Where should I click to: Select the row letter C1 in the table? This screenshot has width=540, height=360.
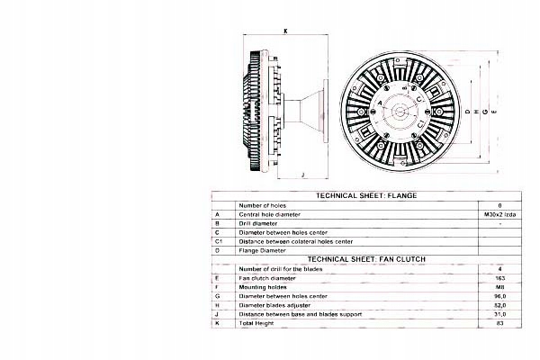click(219, 241)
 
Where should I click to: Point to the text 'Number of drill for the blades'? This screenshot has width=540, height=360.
click(284, 268)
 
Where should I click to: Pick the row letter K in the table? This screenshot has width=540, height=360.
click(218, 321)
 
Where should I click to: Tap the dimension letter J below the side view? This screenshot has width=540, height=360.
click(302, 175)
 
